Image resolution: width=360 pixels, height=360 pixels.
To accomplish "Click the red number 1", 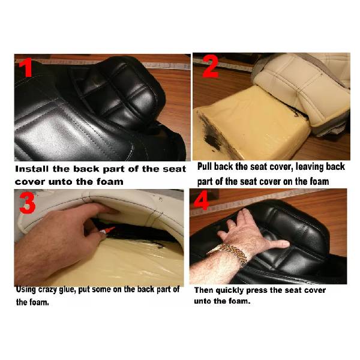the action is pos(26,67).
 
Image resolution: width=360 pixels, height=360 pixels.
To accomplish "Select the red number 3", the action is pos(28,203).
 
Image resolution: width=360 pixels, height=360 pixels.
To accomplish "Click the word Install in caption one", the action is pos(32,169).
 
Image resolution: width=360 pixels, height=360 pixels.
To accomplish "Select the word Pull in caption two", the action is pos(205,166).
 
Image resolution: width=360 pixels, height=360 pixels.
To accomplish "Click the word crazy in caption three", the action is pos(47,290).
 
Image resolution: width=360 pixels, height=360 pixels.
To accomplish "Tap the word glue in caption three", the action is pos(67,290).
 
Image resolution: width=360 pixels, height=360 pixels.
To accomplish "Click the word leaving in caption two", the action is pos(310,167).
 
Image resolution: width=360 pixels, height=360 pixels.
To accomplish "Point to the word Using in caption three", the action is pos(26,290).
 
